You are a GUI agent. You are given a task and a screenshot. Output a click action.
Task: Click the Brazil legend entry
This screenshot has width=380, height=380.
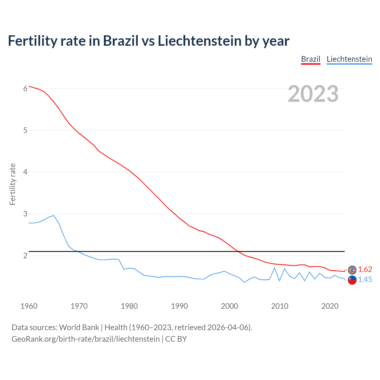pos(311,59)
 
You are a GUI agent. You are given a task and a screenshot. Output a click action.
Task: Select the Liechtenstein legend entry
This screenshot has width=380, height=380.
pos(349,59)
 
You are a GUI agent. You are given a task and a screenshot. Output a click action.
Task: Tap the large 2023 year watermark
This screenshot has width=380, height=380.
pos(313,94)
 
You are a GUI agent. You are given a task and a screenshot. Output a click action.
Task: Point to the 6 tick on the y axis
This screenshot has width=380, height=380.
pos(25,88)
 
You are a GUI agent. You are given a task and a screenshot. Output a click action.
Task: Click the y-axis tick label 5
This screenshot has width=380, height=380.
pos(25,130)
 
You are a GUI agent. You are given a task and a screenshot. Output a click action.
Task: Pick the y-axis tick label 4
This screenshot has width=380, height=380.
pos(25,172)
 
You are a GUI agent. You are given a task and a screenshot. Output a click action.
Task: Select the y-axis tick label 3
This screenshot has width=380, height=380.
pos(25,214)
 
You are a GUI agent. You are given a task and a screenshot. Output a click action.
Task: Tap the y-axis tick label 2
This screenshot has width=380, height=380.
pos(25,256)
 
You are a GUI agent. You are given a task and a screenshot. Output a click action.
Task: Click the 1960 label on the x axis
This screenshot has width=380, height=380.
pos(29,306)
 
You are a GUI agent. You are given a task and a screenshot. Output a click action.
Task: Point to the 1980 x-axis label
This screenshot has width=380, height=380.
pos(129,306)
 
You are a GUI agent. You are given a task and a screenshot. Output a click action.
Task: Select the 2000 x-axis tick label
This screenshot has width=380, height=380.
pos(229,306)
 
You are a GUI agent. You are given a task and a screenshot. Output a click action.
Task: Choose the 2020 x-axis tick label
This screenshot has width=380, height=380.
pos(330,306)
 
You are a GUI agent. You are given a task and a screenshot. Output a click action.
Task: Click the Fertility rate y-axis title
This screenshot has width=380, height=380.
pos(12,184)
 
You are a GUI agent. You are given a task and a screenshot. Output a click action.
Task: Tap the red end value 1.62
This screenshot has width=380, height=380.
pos(365,269)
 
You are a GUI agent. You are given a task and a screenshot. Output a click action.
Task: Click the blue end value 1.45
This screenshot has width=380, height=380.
pos(365,279)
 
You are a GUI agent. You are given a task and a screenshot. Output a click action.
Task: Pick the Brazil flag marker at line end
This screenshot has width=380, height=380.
pos(352,270)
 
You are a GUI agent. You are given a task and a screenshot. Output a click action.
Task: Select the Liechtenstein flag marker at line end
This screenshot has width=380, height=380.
pos(352,280)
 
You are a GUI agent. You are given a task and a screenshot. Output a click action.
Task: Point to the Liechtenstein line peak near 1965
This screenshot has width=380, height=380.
pos(53,216)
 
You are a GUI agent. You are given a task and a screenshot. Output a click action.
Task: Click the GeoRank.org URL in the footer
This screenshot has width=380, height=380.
pos(85,339)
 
